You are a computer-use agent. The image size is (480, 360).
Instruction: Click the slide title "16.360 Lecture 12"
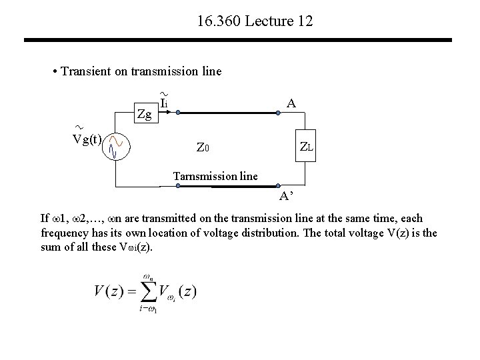255,22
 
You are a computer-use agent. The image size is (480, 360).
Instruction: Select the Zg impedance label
144,115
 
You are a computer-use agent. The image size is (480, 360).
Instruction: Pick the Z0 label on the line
203,147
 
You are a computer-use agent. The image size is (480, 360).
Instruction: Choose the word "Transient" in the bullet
83,71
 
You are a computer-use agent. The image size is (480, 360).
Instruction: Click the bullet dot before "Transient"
54,72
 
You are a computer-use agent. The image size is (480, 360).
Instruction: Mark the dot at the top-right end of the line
278,114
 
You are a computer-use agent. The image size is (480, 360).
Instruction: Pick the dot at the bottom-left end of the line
178,187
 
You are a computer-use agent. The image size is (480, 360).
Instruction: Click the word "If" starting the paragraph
45,219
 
